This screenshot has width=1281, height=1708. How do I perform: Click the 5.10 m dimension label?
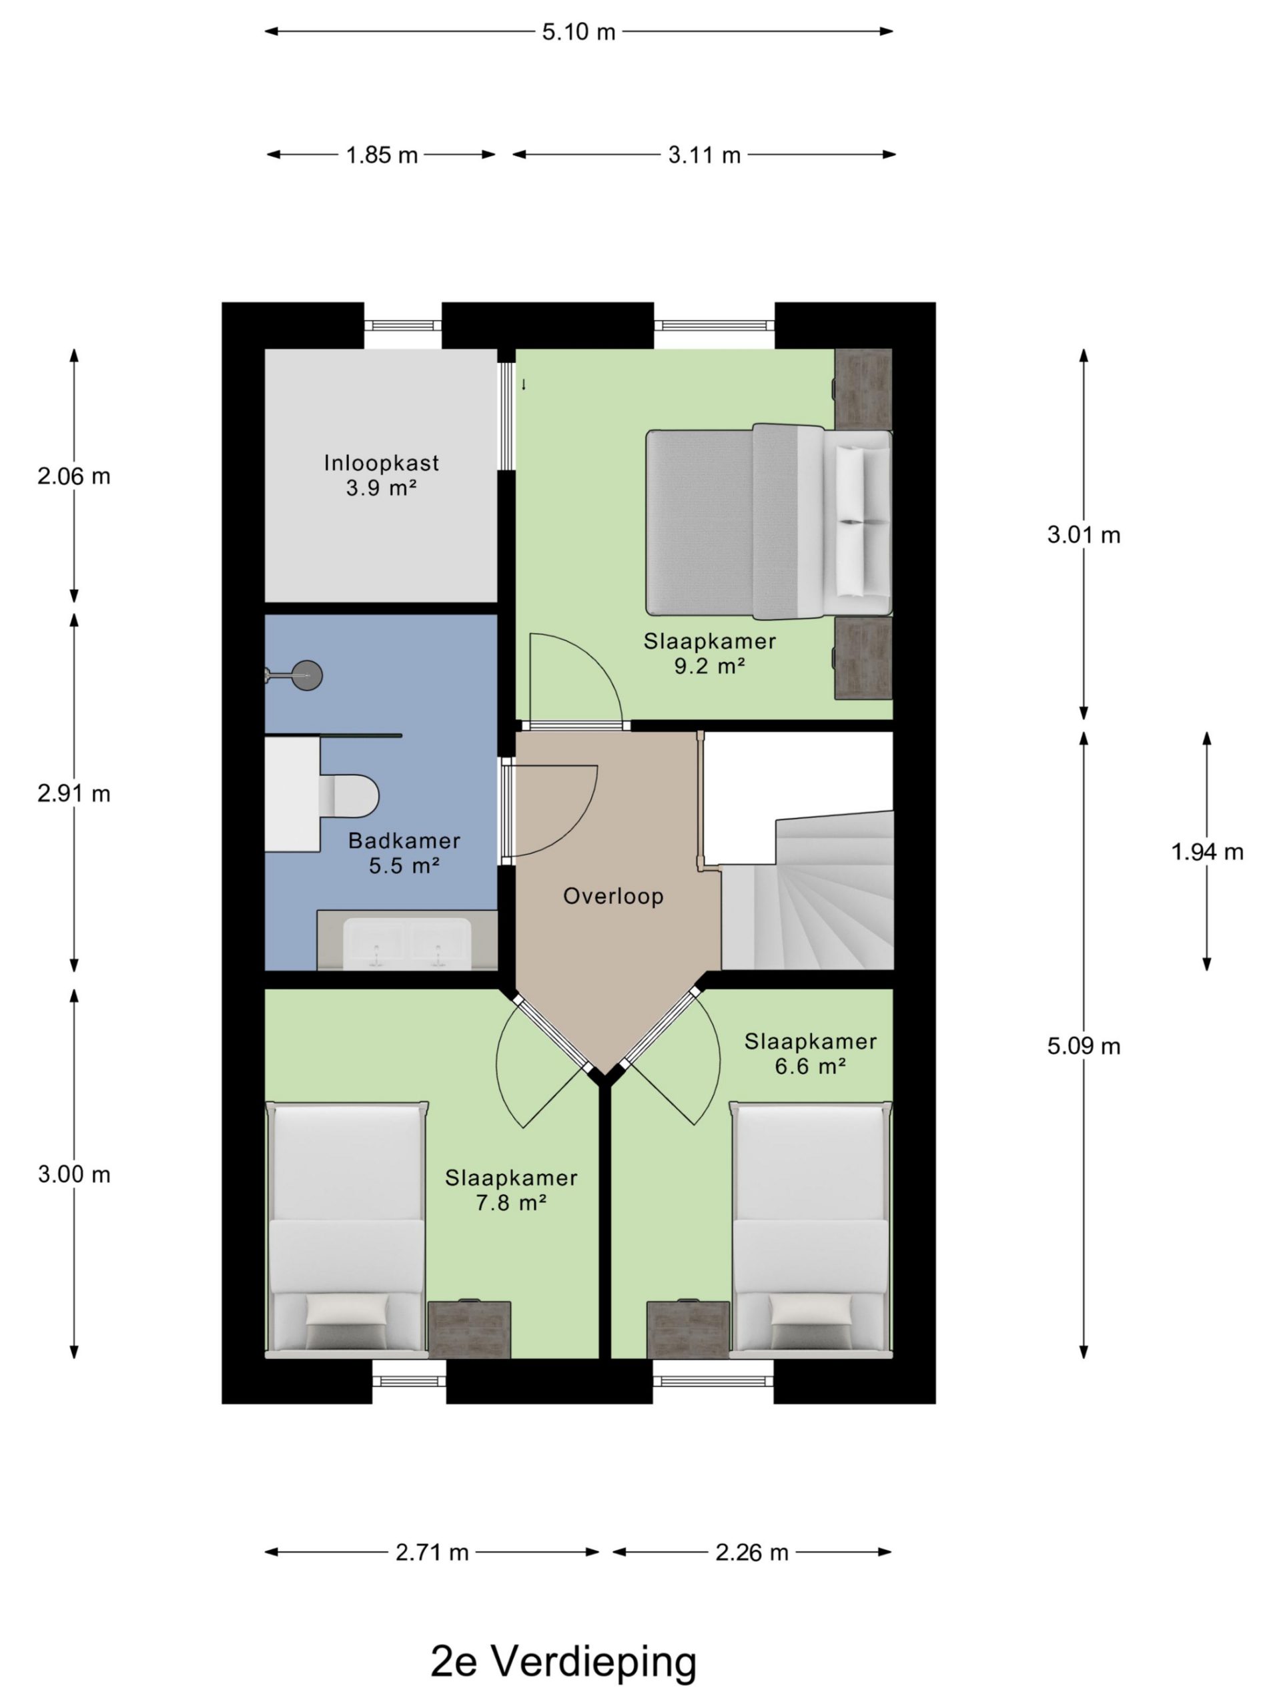578,31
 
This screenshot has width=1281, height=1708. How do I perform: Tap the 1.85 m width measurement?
382,155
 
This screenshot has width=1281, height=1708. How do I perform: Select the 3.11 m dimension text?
704,155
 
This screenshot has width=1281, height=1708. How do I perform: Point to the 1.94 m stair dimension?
1207,852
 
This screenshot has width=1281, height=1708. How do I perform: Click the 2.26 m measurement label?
751,1552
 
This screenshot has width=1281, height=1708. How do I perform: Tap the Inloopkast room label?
382,462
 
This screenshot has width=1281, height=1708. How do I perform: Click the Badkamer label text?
404,840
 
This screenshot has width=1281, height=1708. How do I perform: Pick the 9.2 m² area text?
710,666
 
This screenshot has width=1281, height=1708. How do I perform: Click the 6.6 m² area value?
810,1066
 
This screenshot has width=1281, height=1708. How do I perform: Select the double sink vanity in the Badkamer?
407,939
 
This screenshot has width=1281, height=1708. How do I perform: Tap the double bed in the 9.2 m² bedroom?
769,523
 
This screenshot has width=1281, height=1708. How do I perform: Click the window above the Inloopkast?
402,326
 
